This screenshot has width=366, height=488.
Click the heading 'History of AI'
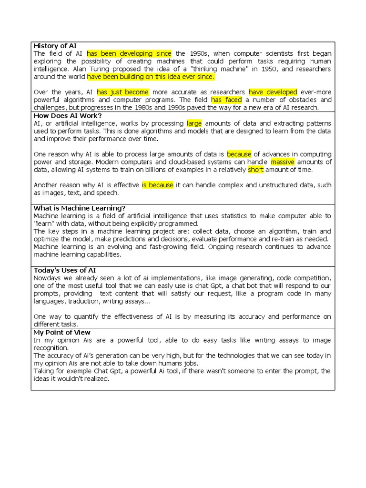(x=55, y=46)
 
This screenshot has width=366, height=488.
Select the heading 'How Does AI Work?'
(x=68, y=115)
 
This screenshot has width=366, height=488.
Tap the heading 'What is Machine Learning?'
(x=80, y=208)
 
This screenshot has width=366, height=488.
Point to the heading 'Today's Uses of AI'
(x=65, y=270)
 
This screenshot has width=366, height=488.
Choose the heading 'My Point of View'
(x=62, y=332)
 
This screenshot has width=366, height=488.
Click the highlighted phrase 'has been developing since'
(x=129, y=53)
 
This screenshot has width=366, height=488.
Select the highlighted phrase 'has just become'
(x=123, y=92)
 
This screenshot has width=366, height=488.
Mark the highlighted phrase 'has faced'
(x=226, y=100)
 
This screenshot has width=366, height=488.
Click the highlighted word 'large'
(x=194, y=123)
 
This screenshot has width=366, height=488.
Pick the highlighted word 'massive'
(x=283, y=162)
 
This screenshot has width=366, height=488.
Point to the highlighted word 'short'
(x=255, y=170)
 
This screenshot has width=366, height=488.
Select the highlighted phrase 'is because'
(x=158, y=185)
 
